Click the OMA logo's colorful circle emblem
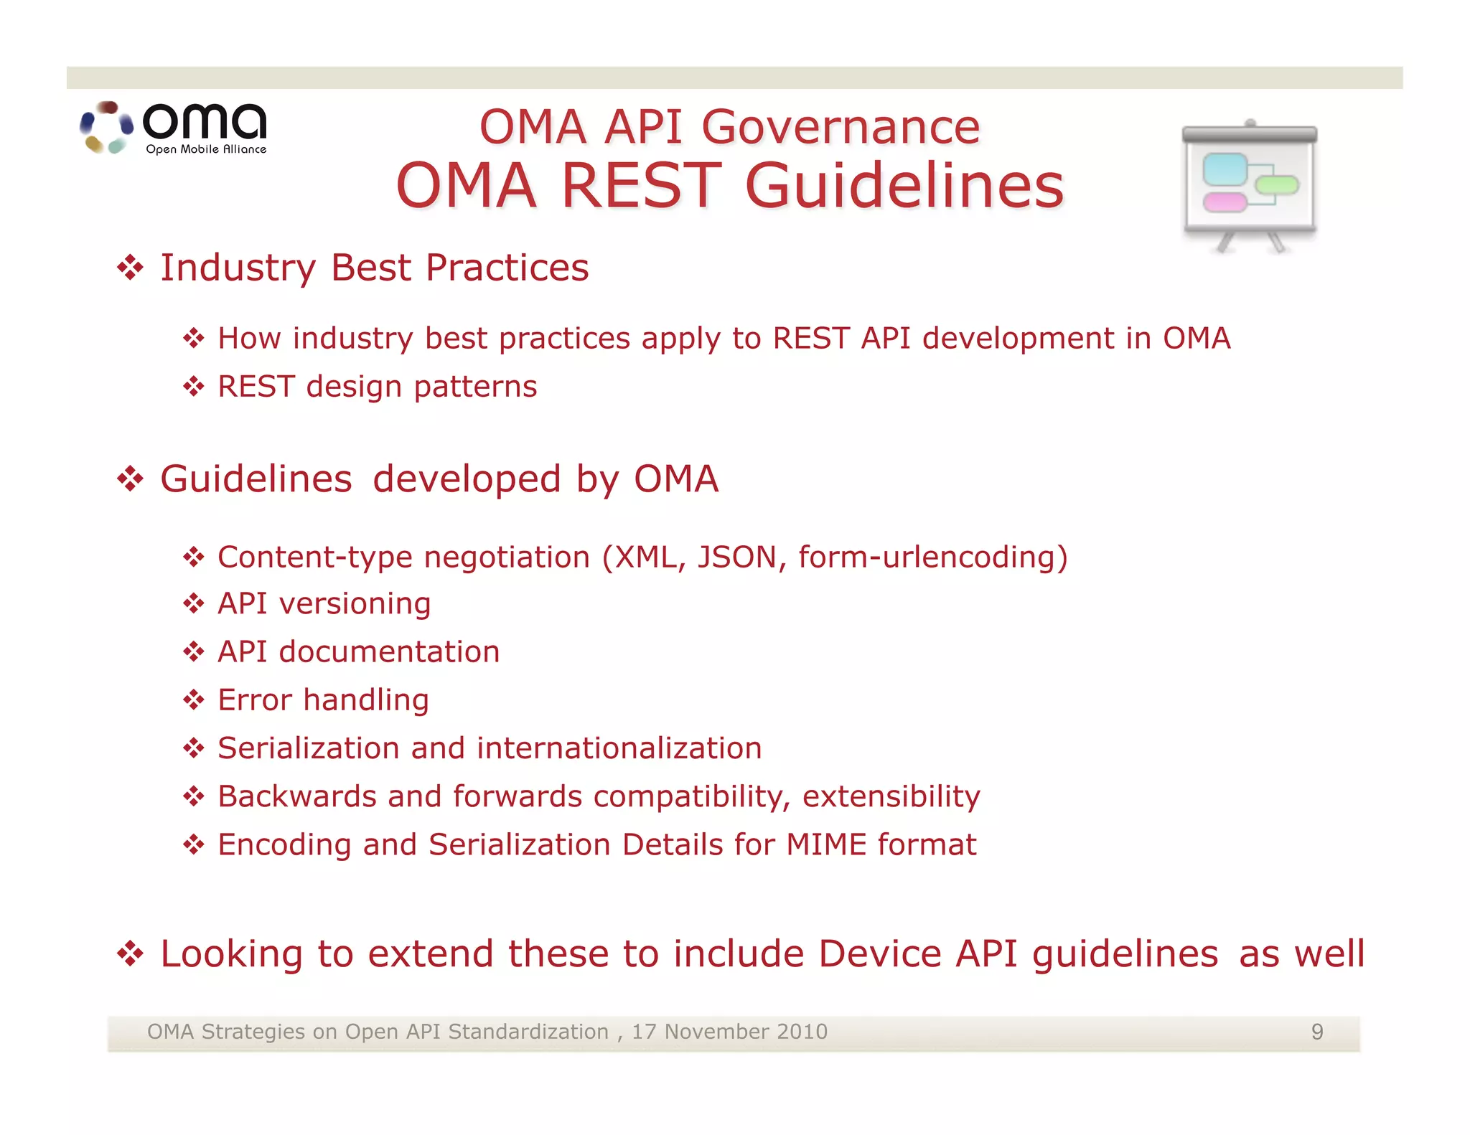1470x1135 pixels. pyautogui.click(x=107, y=128)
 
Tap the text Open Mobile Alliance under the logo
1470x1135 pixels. pyautogui.click(x=206, y=149)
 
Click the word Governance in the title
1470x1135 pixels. pyautogui.click(x=840, y=128)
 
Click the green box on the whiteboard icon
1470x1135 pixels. pyautogui.click(x=1278, y=185)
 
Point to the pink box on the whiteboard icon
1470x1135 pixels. pyautogui.click(x=1225, y=202)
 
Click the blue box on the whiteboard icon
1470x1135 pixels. pyautogui.click(x=1224, y=169)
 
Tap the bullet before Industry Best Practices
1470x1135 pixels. pyautogui.click(x=130, y=268)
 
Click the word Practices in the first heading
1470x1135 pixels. pyautogui.click(x=507, y=268)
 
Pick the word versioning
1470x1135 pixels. pyautogui.click(x=355, y=604)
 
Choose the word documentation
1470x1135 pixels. pyautogui.click(x=389, y=652)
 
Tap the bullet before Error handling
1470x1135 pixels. pyautogui.click(x=193, y=700)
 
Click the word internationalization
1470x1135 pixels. pyautogui.click(x=619, y=748)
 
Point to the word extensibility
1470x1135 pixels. pyautogui.click(x=891, y=796)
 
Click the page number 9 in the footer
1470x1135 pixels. pyautogui.click(x=1317, y=1032)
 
